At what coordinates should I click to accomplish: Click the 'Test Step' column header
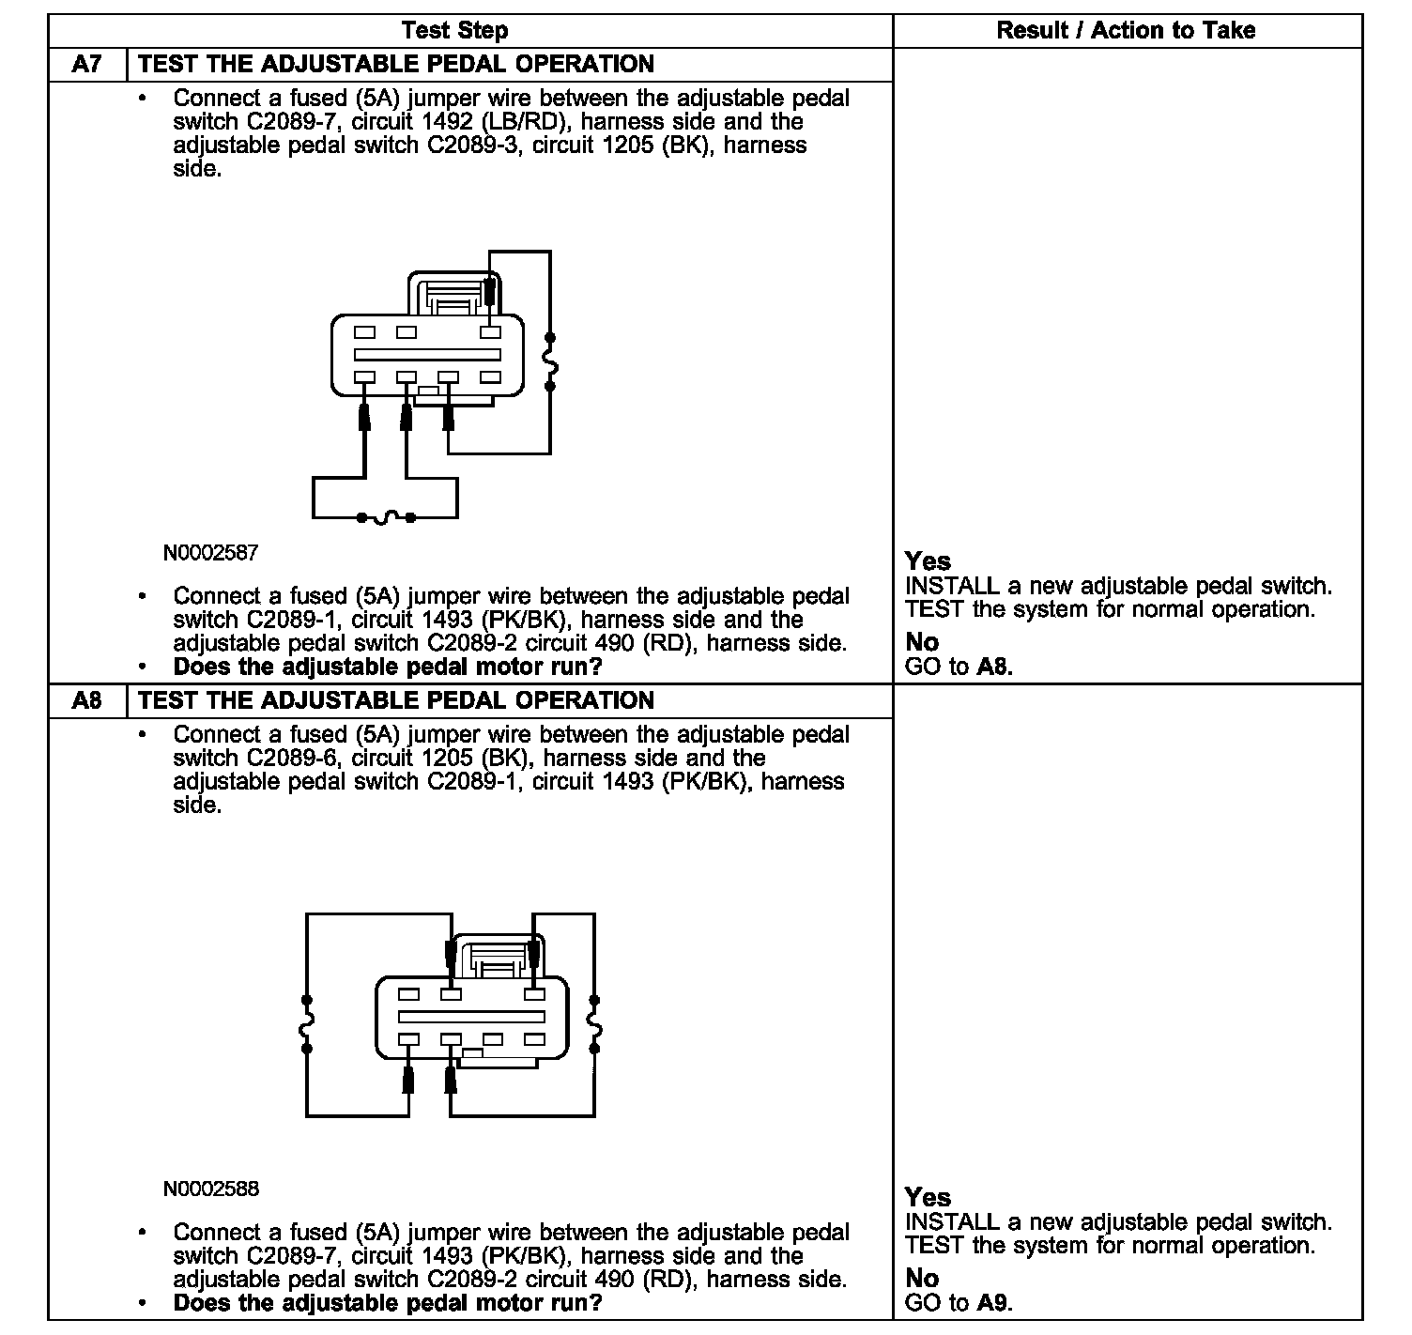(454, 30)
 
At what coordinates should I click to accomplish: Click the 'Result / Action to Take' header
(1125, 30)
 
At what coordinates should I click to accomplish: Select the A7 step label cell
(86, 65)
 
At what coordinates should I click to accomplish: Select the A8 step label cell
(86, 700)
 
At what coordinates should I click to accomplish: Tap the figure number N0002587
(210, 553)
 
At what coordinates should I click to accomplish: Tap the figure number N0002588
(210, 1189)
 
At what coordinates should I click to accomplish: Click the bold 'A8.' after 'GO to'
(994, 667)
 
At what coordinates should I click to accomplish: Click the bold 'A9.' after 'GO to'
(994, 1303)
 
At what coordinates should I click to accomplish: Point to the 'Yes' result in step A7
(928, 561)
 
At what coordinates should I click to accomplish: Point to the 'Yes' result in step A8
(928, 1198)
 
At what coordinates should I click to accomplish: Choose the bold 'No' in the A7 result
(922, 642)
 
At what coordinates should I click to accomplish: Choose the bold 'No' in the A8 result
(922, 1278)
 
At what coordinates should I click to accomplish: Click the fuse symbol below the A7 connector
(385, 517)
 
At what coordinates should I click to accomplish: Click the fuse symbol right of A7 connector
(550, 361)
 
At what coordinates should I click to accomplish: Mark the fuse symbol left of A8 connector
(306, 1023)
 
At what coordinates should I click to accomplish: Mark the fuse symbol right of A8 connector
(594, 1023)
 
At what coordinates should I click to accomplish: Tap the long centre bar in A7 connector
(427, 355)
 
